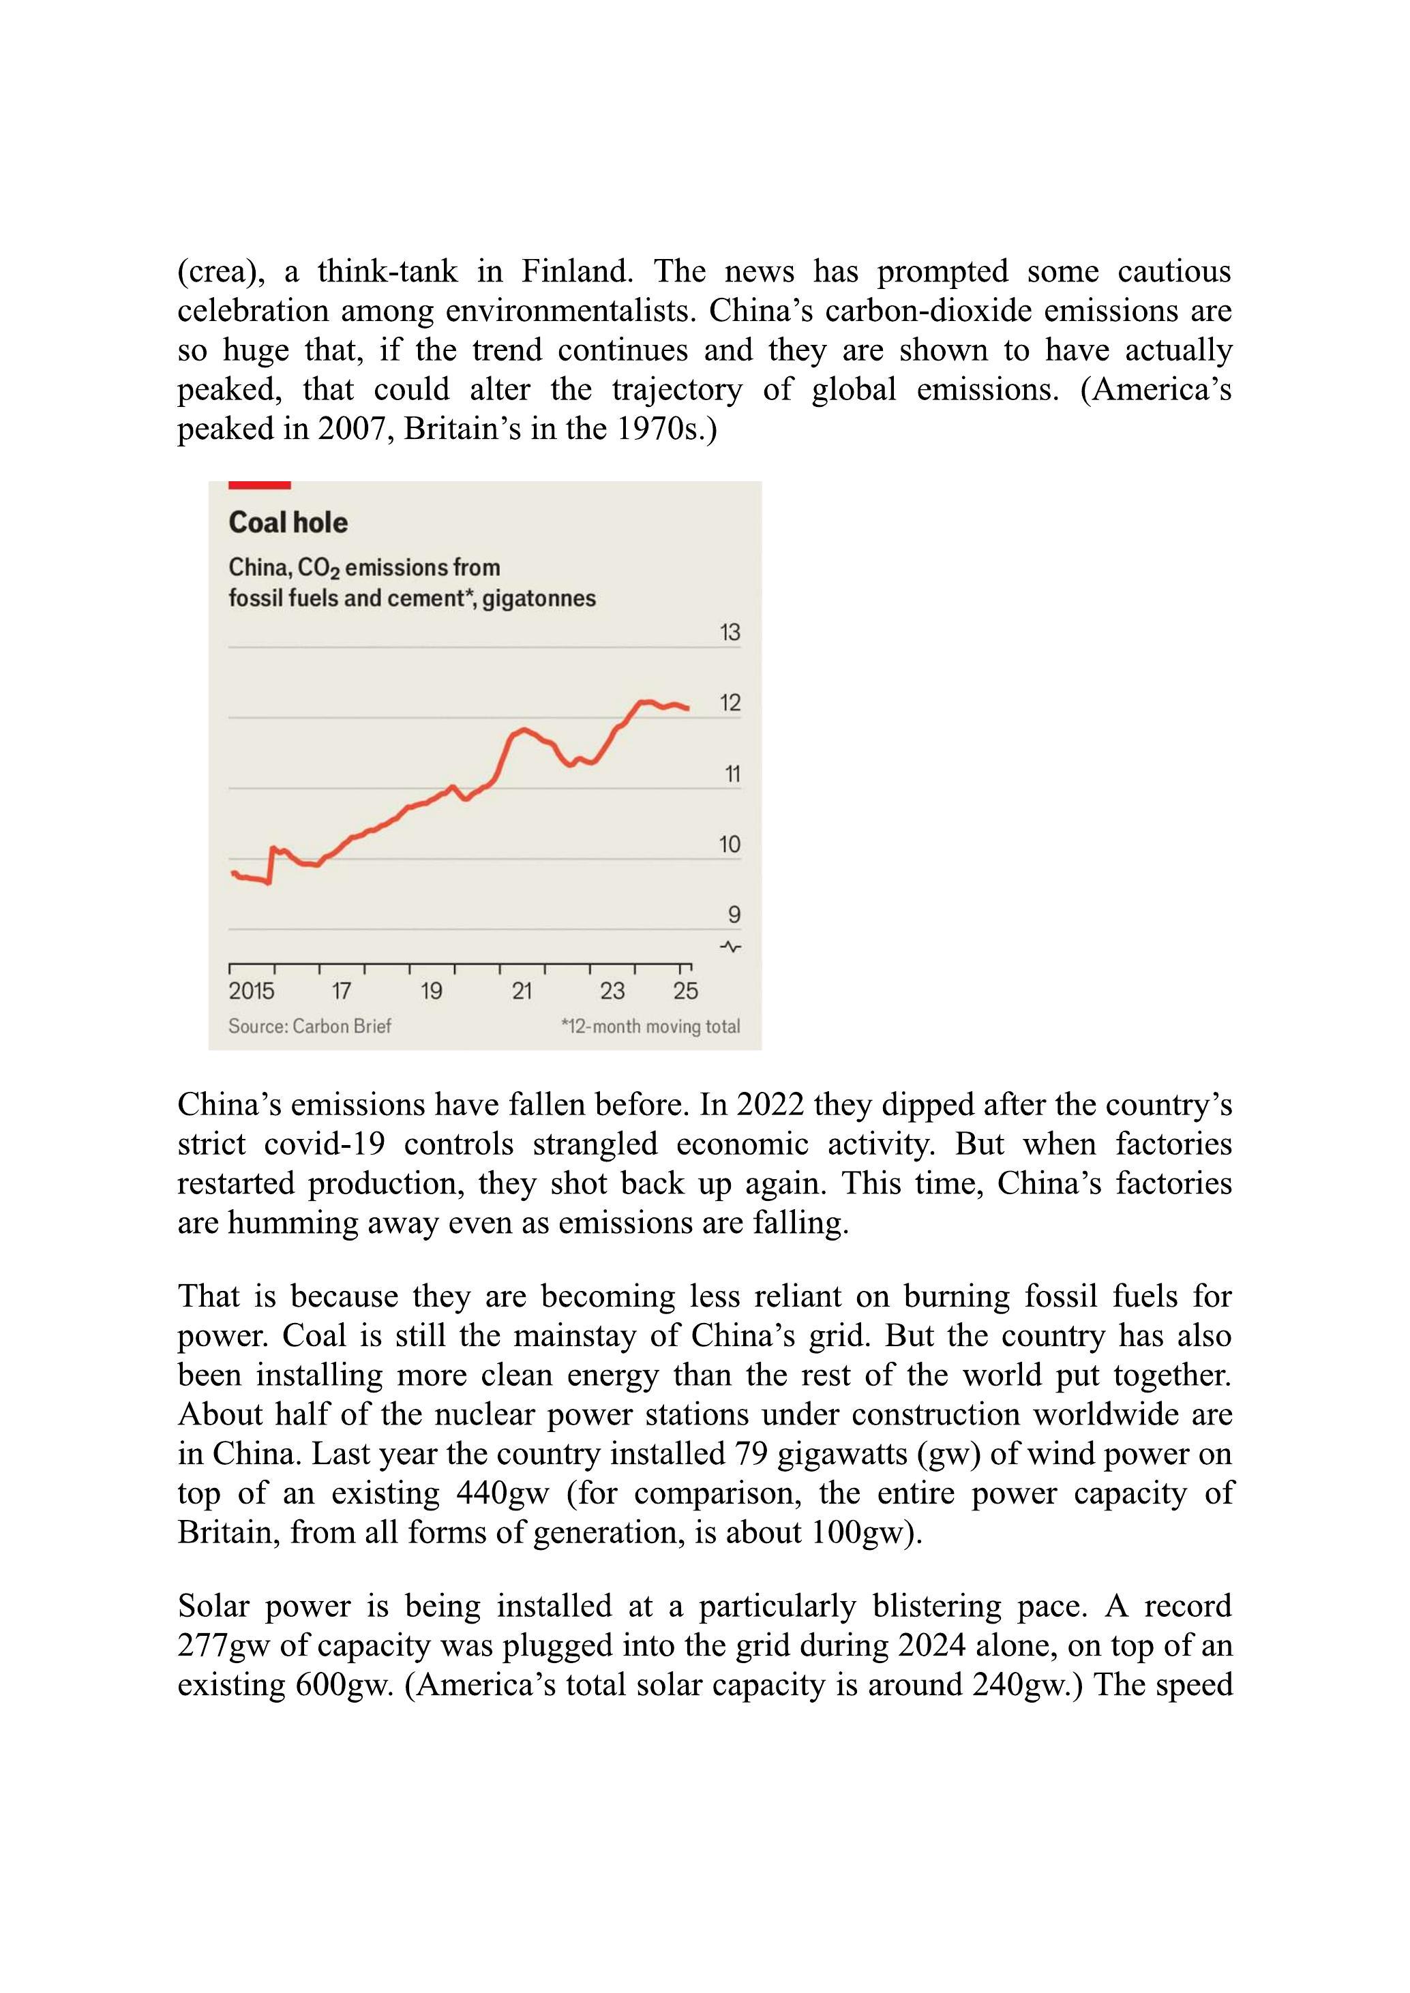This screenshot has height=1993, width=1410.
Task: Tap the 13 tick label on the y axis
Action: click(730, 632)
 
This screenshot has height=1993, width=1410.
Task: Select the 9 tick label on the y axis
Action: click(734, 914)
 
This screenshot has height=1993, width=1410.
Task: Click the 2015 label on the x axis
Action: click(251, 990)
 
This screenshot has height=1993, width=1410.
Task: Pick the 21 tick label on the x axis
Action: click(521, 990)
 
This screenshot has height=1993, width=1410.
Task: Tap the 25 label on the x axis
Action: click(685, 990)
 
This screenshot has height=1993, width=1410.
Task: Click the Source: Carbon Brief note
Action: click(309, 1026)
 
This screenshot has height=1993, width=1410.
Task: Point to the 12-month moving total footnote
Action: click(650, 1026)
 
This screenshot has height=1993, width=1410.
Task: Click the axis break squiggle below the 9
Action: click(731, 946)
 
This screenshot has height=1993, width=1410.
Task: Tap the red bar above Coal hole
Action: click(258, 485)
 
